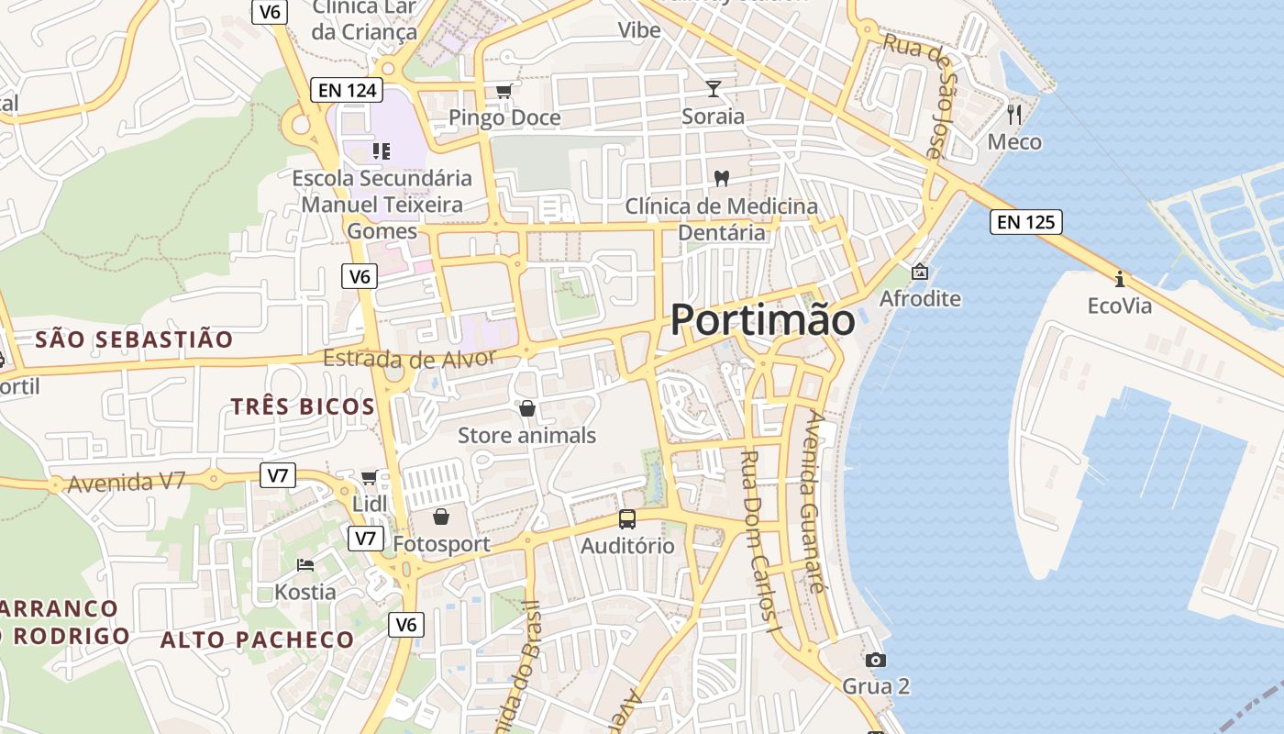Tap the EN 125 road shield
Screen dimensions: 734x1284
(x=1025, y=221)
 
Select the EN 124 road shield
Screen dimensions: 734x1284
(x=348, y=90)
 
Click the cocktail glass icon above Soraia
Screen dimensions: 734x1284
(x=714, y=89)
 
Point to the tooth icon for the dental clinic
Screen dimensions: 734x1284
(x=721, y=178)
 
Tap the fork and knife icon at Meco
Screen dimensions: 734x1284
(x=1013, y=115)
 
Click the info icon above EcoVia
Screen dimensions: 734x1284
(x=1119, y=279)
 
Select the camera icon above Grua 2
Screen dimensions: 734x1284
(x=876, y=660)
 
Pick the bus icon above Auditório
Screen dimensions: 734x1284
(x=627, y=519)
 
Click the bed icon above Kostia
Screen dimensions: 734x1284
(x=305, y=565)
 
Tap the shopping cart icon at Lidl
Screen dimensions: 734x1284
(x=369, y=477)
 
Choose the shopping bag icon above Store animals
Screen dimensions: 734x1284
(x=526, y=408)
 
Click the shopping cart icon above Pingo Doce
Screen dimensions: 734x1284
(x=503, y=91)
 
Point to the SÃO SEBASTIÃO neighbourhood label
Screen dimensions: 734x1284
(x=134, y=339)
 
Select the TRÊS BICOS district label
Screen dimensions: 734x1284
(x=303, y=407)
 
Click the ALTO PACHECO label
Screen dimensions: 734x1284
(x=257, y=639)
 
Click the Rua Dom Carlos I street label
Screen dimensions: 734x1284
(x=760, y=541)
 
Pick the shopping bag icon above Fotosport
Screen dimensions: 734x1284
(x=441, y=517)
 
